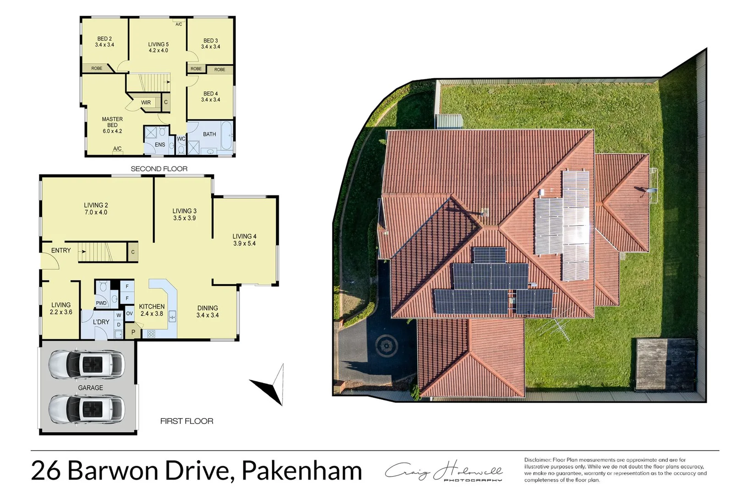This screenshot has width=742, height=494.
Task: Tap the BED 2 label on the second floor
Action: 104,39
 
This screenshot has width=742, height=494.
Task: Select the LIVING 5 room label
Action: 158,44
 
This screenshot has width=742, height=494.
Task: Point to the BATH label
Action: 209,134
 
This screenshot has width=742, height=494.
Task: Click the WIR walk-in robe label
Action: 146,102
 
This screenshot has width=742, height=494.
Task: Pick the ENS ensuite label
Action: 160,145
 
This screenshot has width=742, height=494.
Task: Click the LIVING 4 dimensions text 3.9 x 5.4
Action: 244,243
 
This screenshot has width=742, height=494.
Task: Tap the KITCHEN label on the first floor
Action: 152,306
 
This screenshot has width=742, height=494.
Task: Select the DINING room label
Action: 207,308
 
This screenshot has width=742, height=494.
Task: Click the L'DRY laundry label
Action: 101,322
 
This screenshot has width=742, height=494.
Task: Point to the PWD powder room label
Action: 101,303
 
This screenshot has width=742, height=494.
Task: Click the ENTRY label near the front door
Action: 61,250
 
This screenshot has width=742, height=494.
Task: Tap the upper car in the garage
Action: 86,365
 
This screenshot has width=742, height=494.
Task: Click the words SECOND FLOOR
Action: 159,169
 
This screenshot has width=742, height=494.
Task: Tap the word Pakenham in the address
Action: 301,470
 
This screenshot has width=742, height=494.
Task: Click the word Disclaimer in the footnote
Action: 537,460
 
